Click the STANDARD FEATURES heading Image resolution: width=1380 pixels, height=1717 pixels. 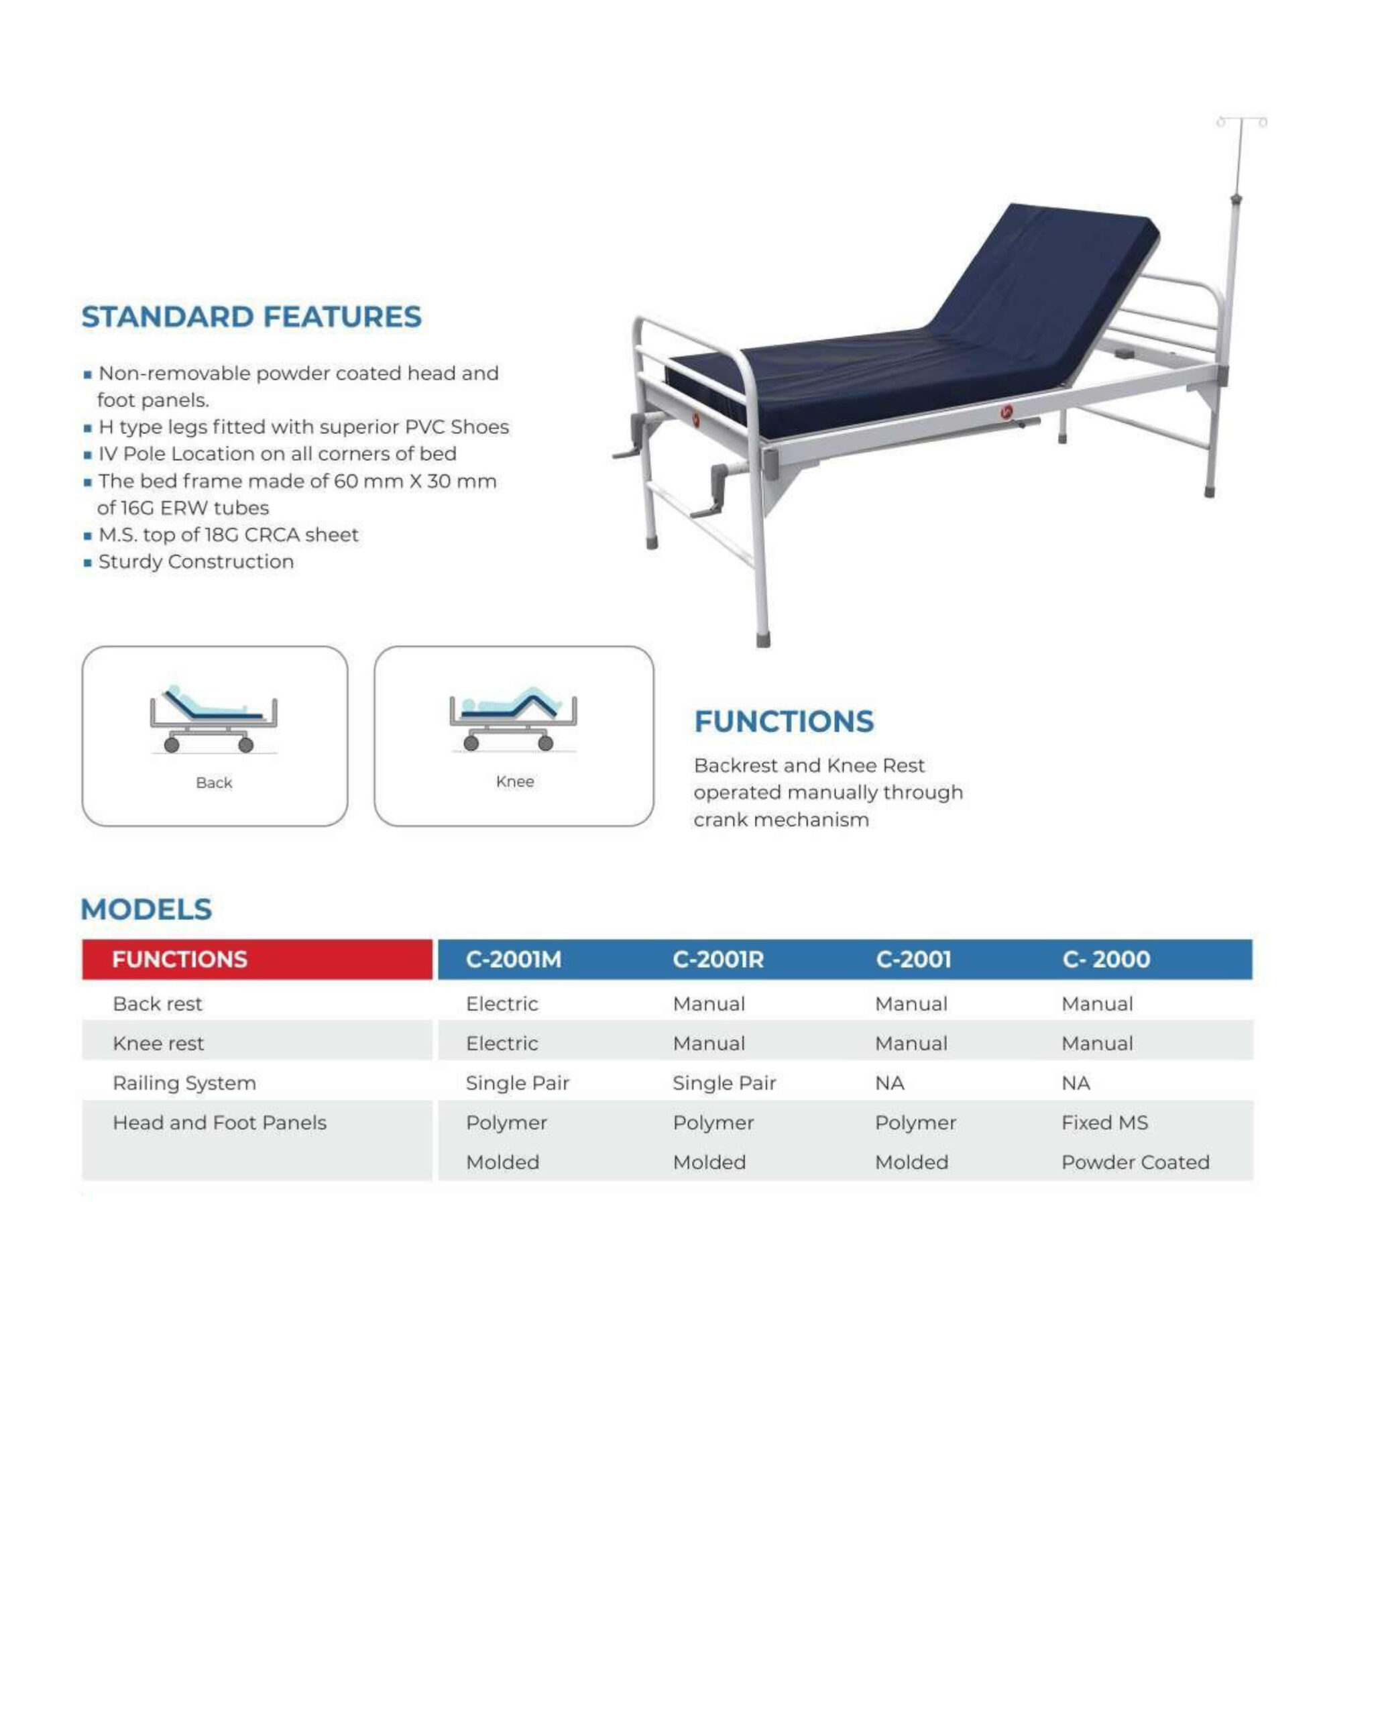(x=251, y=317)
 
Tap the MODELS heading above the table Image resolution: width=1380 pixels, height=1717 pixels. (x=147, y=909)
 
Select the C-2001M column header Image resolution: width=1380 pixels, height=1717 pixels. (x=514, y=960)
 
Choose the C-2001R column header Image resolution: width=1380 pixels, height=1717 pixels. (x=717, y=960)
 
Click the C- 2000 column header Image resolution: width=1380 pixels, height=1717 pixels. (x=1106, y=960)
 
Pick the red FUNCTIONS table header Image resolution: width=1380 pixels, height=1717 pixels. (x=180, y=960)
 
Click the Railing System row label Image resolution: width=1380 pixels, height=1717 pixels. (x=184, y=1083)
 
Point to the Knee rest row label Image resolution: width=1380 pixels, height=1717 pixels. (x=158, y=1043)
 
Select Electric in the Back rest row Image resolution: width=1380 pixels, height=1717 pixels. (x=502, y=1004)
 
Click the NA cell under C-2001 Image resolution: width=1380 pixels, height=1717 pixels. (x=889, y=1083)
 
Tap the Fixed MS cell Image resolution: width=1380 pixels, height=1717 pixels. (x=1104, y=1123)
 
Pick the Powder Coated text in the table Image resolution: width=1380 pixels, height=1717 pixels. (x=1135, y=1163)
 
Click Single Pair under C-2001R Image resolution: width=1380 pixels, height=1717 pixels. (x=724, y=1083)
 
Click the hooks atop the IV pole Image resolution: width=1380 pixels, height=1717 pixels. (x=1241, y=122)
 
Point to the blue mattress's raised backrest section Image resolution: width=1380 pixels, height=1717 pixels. (x=1047, y=279)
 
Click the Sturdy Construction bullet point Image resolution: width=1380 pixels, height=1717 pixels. (x=196, y=562)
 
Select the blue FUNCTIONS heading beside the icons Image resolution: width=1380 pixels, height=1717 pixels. (x=784, y=722)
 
